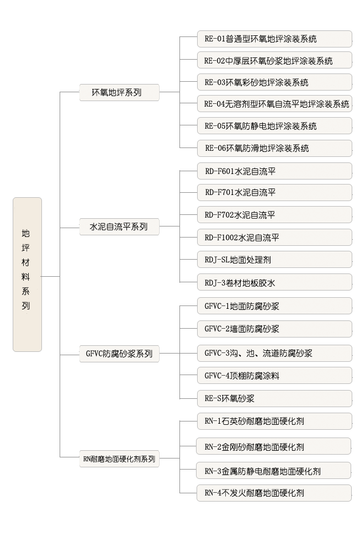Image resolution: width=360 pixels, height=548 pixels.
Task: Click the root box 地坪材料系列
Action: coord(27,275)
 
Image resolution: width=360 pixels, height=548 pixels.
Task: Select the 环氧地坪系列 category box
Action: coord(119,92)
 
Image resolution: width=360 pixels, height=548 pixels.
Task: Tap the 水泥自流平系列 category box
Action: coord(119,226)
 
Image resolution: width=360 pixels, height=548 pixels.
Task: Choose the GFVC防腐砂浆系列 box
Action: coord(119,354)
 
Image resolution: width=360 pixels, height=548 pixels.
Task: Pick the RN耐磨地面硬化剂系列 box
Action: coord(119,459)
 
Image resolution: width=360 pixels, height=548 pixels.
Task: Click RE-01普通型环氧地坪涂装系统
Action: coord(274,39)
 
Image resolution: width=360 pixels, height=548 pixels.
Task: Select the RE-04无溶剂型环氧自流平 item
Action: coord(274,104)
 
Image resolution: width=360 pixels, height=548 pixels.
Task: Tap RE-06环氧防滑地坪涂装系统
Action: coord(274,148)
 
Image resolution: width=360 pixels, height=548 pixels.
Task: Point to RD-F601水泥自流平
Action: coord(274,171)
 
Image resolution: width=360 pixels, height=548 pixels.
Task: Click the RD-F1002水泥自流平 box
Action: coord(274,238)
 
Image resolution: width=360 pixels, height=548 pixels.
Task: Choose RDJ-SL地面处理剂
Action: coord(274,260)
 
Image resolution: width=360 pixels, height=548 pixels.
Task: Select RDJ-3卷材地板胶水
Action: coord(274,282)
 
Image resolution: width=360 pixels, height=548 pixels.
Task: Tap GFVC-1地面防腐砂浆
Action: coord(274,306)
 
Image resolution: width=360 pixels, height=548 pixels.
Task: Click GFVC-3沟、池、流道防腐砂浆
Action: coord(274,353)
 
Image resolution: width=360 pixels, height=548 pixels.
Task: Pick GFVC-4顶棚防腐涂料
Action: coord(274,376)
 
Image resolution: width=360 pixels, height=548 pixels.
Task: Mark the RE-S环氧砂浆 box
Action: coord(274,398)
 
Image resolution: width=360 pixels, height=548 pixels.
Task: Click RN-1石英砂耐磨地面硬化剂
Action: coord(274,421)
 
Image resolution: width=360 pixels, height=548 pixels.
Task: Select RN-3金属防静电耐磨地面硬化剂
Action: coord(274,471)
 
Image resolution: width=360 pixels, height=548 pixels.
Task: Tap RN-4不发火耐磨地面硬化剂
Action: coord(274,493)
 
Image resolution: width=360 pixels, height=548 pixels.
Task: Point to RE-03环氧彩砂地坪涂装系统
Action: coord(274,82)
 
